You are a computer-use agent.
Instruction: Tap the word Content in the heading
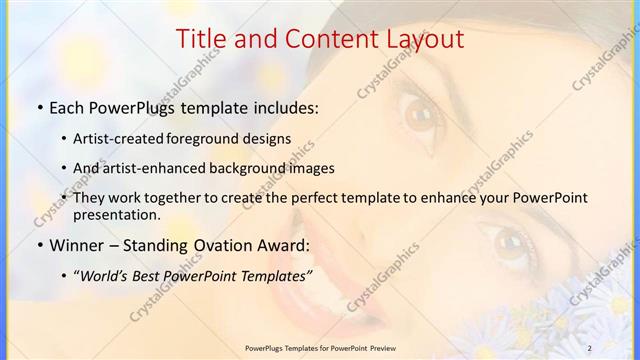[323, 39]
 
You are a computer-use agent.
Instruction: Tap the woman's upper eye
[421, 113]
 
